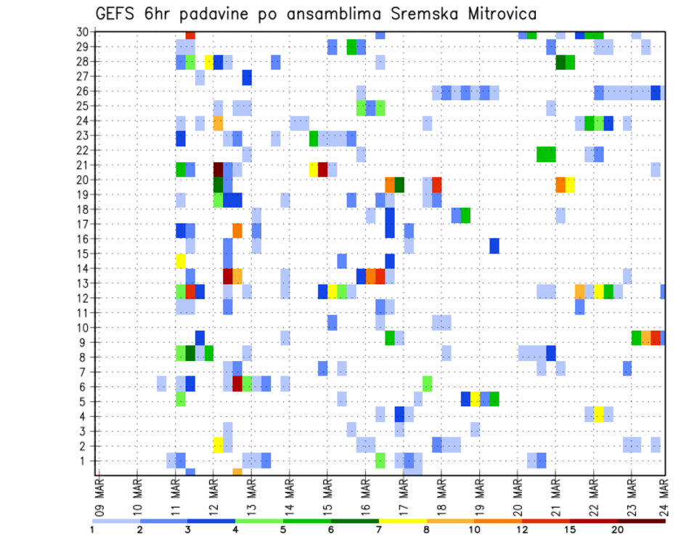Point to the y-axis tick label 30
coord(85,31)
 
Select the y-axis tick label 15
coord(85,254)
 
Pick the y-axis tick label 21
coord(85,165)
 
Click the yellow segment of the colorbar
coord(402,521)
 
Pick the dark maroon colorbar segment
coord(641,521)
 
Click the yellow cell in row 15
coord(181,259)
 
